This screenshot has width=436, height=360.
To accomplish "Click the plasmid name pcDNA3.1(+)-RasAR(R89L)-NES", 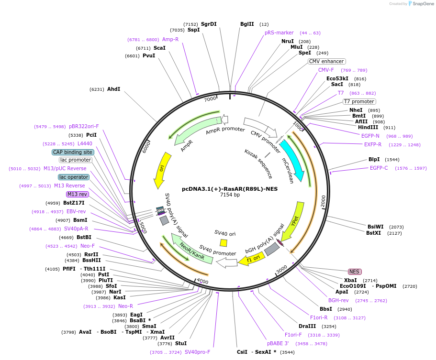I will pos(230,189).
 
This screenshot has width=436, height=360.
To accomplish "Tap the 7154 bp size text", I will pos(230,195).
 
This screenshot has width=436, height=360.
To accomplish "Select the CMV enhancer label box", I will pos(326,61).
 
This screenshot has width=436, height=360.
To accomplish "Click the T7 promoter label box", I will pos(359,101).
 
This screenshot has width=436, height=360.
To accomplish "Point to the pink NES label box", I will pos(354,272).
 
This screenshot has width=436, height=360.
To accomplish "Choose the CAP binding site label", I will pos(73,152).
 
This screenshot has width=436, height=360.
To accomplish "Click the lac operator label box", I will pos(74,177).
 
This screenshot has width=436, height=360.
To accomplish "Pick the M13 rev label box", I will pos(78,194).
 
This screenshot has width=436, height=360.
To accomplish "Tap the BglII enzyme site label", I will pos(247,24).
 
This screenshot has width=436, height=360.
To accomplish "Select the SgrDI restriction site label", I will pos(209,24).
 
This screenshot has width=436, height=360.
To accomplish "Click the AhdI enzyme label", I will pos(113,89).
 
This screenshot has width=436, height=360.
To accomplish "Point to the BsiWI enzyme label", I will pos(375,227).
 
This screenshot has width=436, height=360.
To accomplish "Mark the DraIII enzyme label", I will pos(307,326).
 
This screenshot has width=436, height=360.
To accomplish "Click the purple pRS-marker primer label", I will pos(279,33).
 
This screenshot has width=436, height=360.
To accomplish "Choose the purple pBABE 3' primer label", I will pos(278,343).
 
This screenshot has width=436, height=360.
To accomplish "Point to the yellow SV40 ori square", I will pos(224,243).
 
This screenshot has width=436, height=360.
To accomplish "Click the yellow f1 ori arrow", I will pos(250,260).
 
